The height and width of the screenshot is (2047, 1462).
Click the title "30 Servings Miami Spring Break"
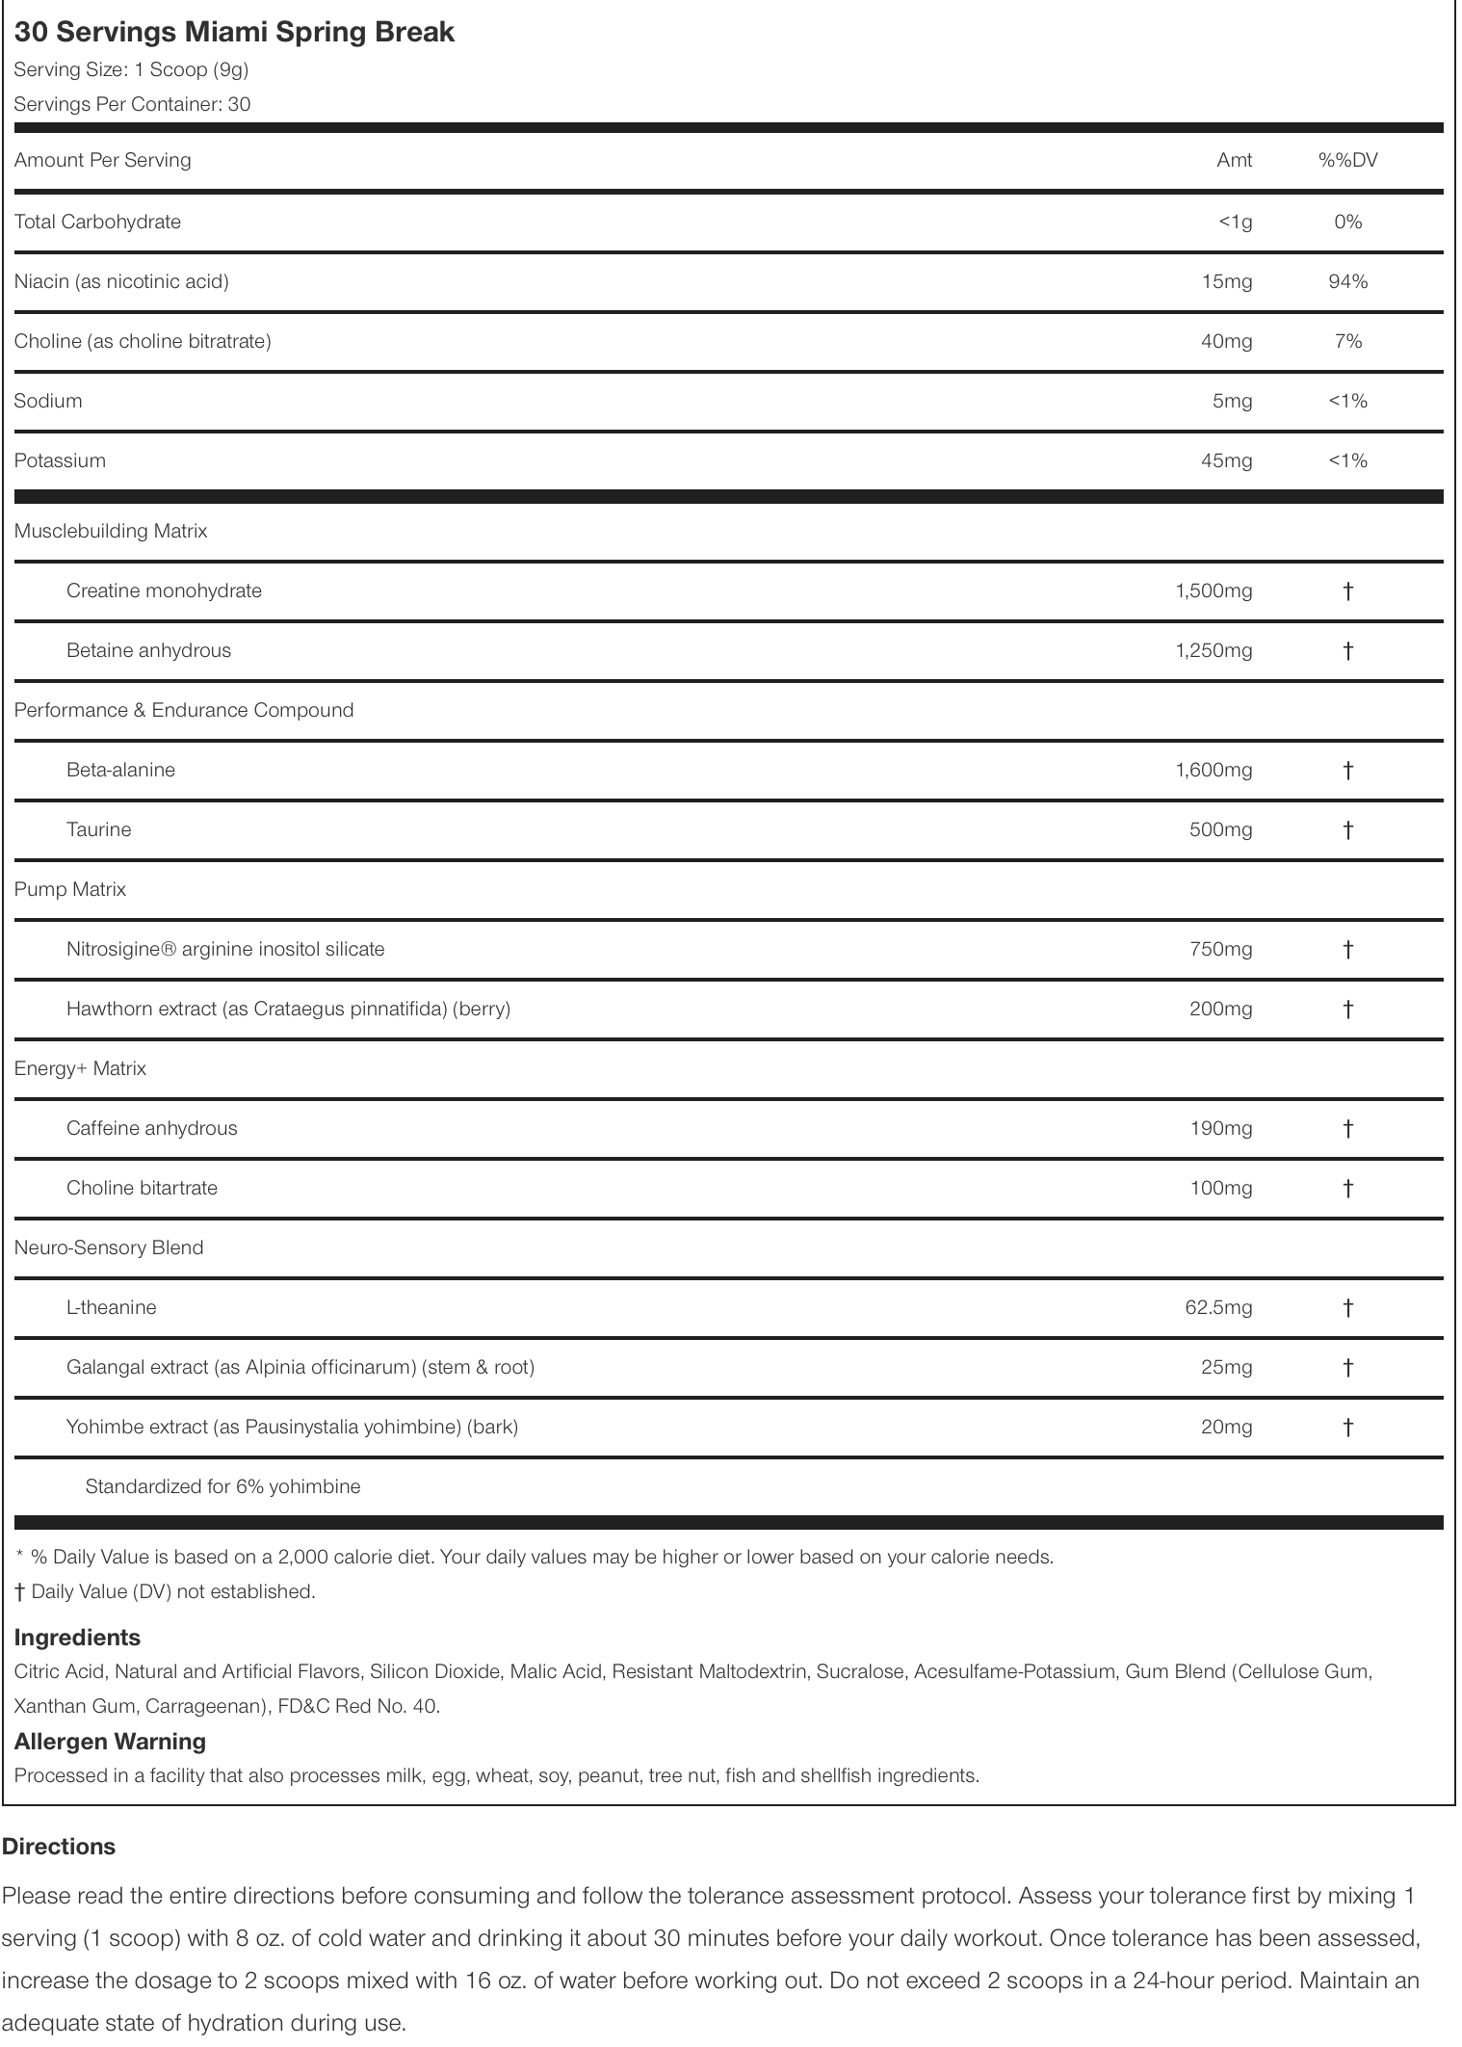coord(234,32)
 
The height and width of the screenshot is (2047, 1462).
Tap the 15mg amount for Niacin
coord(1226,281)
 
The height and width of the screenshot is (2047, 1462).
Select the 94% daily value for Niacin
coord(1347,281)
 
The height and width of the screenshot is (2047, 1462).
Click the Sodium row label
coord(48,401)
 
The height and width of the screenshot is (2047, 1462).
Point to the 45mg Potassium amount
coord(1226,460)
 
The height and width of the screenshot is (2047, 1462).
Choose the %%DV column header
coord(1347,160)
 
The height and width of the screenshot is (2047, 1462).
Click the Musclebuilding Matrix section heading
coord(111,531)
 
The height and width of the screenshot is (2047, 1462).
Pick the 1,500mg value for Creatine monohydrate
coord(1214,590)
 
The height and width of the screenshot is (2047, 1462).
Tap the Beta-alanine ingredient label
coord(120,770)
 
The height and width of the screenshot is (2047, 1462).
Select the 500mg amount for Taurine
coord(1220,829)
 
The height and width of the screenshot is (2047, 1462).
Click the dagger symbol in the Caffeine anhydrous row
coord(1347,1128)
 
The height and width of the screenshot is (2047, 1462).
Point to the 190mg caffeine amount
coord(1220,1128)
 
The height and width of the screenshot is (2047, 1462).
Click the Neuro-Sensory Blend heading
coord(109,1247)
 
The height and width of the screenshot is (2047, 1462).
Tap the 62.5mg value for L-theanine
coord(1217,1307)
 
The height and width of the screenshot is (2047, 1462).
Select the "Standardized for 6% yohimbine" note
coord(222,1486)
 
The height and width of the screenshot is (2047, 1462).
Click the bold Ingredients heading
coord(77,1638)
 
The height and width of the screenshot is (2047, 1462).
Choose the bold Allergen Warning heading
coord(110,1742)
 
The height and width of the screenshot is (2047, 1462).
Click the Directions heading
coord(59,1847)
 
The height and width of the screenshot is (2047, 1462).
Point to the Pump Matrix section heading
coord(70,889)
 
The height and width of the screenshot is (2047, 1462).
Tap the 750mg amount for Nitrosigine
coord(1220,949)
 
